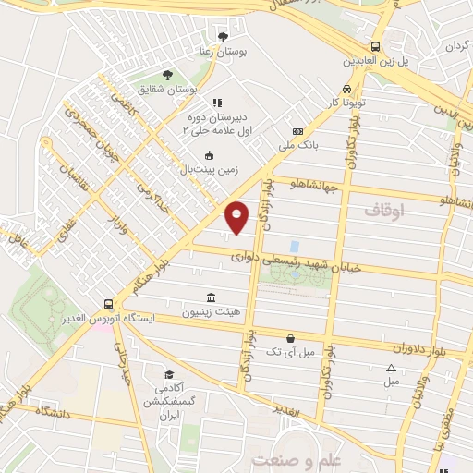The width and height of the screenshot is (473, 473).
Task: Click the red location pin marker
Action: pyautogui.click(x=237, y=217)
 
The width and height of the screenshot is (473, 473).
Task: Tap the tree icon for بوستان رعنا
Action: pyautogui.click(x=222, y=37)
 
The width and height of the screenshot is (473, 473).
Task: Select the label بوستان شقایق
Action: pyautogui.click(x=167, y=90)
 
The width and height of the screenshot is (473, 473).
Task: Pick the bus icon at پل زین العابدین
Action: pyautogui.click(x=375, y=46)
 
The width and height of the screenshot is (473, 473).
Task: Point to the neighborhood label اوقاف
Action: pyautogui.click(x=385, y=211)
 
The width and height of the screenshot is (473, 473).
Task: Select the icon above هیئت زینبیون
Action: pyautogui.click(x=212, y=297)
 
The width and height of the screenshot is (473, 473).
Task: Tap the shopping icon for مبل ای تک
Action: pyautogui.click(x=292, y=338)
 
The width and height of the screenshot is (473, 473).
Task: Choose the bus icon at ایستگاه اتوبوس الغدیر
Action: pyautogui.click(x=109, y=303)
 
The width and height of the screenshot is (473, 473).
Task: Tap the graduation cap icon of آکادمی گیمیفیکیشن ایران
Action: pyautogui.click(x=169, y=374)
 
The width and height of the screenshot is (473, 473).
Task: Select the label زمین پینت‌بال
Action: pyautogui.click(x=212, y=169)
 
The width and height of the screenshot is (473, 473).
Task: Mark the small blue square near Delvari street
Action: pyautogui.click(x=294, y=247)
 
